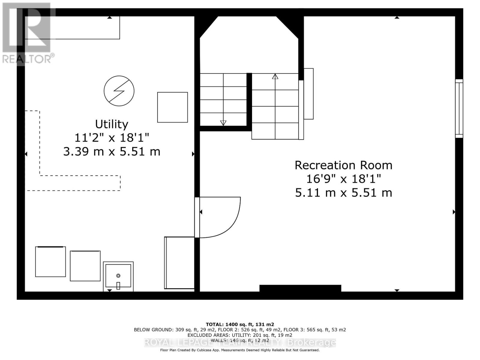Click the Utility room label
pos(112,124)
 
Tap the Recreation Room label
pos(343,165)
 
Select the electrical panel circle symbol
pos(119,91)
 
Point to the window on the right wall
pos(459,109)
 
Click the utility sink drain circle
pos(118,275)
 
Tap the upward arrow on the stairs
pos(275,76)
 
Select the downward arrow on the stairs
pos(223,123)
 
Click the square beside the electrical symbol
pos(172,107)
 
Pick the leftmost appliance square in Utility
pos(50,262)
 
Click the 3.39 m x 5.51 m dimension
pos(112,151)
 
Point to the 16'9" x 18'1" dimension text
pos(343,179)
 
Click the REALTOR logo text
pos(28,58)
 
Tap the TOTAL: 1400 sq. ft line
pos(240,324)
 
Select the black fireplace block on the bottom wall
pos(300,288)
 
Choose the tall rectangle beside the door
pos(179,263)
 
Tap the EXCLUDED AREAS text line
pos(240,335)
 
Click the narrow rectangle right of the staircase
pos(309,94)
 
